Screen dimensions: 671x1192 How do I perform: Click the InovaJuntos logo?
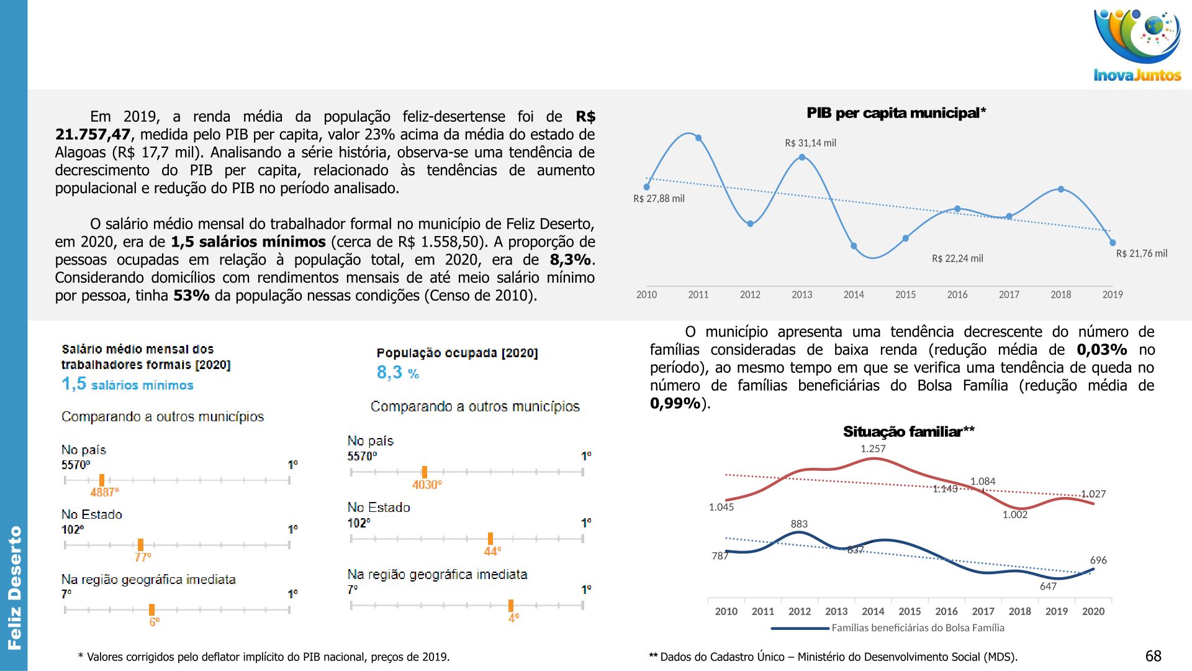pyautogui.click(x=1137, y=45)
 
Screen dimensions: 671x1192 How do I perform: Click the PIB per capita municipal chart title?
pyautogui.click(x=896, y=113)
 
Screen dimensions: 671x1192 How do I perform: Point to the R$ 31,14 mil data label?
pyautogui.click(x=810, y=143)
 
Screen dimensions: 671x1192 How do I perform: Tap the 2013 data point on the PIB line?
pyautogui.click(x=801, y=157)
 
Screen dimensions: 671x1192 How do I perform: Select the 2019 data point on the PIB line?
pyautogui.click(x=1113, y=243)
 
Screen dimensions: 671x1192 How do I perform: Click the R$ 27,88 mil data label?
pyautogui.click(x=659, y=199)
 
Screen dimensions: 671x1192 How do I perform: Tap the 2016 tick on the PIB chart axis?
pyautogui.click(x=957, y=294)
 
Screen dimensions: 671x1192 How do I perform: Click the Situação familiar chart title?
pyautogui.click(x=908, y=432)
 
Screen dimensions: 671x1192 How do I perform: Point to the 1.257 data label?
pyautogui.click(x=873, y=449)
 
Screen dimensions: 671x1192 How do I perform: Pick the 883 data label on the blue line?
pyautogui.click(x=799, y=524)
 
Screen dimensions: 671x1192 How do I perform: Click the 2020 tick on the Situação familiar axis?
pyautogui.click(x=1093, y=611)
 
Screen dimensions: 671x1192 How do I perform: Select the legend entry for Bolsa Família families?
pyautogui.click(x=888, y=628)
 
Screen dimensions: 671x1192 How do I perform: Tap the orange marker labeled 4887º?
pyautogui.click(x=102, y=480)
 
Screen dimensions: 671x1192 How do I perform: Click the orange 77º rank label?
pyautogui.click(x=143, y=557)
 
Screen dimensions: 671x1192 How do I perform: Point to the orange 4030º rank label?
pyautogui.click(x=427, y=485)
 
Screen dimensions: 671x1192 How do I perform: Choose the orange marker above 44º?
pyautogui.click(x=490, y=539)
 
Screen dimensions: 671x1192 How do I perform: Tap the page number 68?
pyautogui.click(x=1153, y=656)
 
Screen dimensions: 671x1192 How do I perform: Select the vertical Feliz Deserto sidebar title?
pyautogui.click(x=14, y=588)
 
